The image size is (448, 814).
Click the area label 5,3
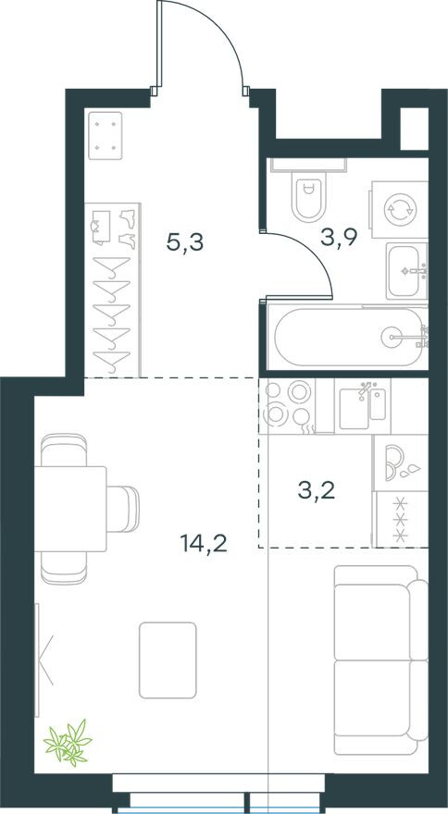click(185, 242)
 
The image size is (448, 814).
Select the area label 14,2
click(204, 544)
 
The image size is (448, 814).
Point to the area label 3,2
click(317, 490)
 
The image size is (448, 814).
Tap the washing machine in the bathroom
click(400, 210)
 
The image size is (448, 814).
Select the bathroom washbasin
click(407, 271)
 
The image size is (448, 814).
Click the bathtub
click(348, 338)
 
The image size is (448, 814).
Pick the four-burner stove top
click(288, 406)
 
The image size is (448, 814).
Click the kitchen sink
click(363, 406)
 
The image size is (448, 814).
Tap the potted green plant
click(68, 743)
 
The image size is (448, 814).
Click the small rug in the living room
click(168, 660)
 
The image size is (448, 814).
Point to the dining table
click(70, 509)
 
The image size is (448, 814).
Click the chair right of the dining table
click(123, 509)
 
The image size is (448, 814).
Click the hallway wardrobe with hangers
click(112, 290)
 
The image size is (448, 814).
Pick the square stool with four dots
click(106, 135)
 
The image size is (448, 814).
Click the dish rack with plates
click(401, 462)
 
